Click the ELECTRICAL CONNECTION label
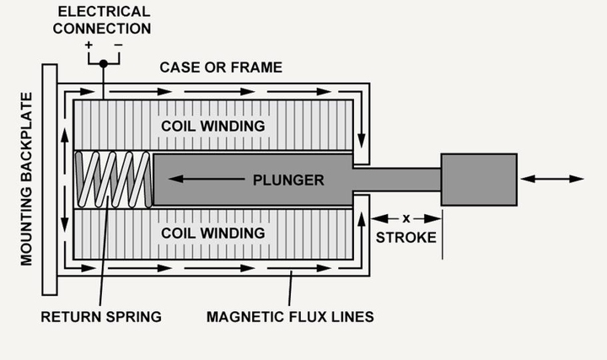105,20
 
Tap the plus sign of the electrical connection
89,45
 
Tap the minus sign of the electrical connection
117,45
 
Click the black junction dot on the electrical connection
103,63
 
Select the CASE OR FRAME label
221,67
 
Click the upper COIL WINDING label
214,126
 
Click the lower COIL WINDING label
214,233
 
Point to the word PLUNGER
289,180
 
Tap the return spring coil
114,179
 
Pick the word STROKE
406,237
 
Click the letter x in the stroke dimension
406,218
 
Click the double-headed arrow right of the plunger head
552,179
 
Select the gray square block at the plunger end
479,179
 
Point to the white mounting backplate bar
50,180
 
